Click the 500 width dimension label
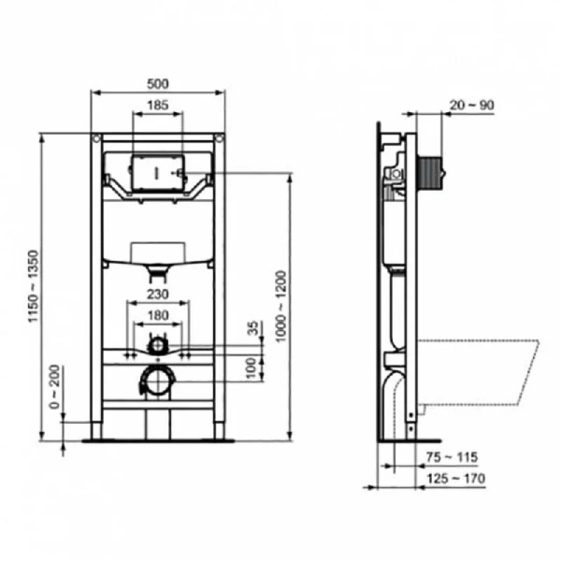(x=158, y=82)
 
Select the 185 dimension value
(x=158, y=107)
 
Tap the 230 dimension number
(x=158, y=295)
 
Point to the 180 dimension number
(x=158, y=316)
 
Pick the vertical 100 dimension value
(x=252, y=366)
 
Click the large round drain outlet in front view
(x=158, y=381)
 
